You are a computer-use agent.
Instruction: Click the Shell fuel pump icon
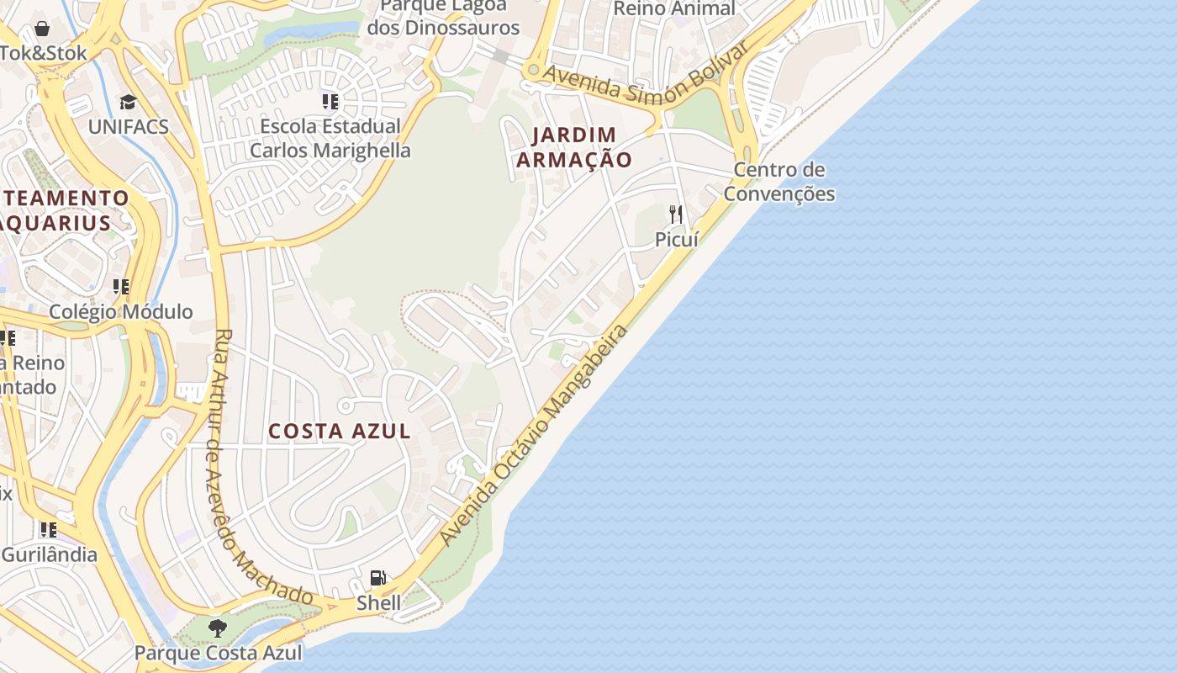[x=378, y=578]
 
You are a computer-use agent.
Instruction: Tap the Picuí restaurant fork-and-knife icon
[x=676, y=215]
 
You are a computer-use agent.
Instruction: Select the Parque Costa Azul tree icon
[x=218, y=628]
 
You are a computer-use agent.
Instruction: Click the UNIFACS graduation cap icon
[x=128, y=103]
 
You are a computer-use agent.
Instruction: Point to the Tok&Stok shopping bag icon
[x=42, y=29]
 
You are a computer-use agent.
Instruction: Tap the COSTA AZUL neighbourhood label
[x=340, y=432]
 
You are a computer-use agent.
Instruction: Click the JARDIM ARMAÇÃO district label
[x=574, y=147]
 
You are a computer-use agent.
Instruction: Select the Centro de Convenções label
[x=779, y=182]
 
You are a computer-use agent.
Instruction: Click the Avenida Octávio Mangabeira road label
[x=535, y=435]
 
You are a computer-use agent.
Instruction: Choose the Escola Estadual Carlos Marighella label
[x=330, y=139]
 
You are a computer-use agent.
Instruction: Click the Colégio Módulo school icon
[x=121, y=287]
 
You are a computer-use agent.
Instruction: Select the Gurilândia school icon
[x=49, y=530]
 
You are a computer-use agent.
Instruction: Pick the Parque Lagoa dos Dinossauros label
[x=443, y=17]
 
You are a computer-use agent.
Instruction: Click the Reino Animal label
[x=674, y=8]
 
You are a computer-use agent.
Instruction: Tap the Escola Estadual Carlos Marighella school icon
[x=330, y=102]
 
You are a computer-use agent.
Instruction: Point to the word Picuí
[x=677, y=239]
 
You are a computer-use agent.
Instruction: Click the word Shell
[x=379, y=602]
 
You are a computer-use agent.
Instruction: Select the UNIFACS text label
[x=129, y=127]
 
